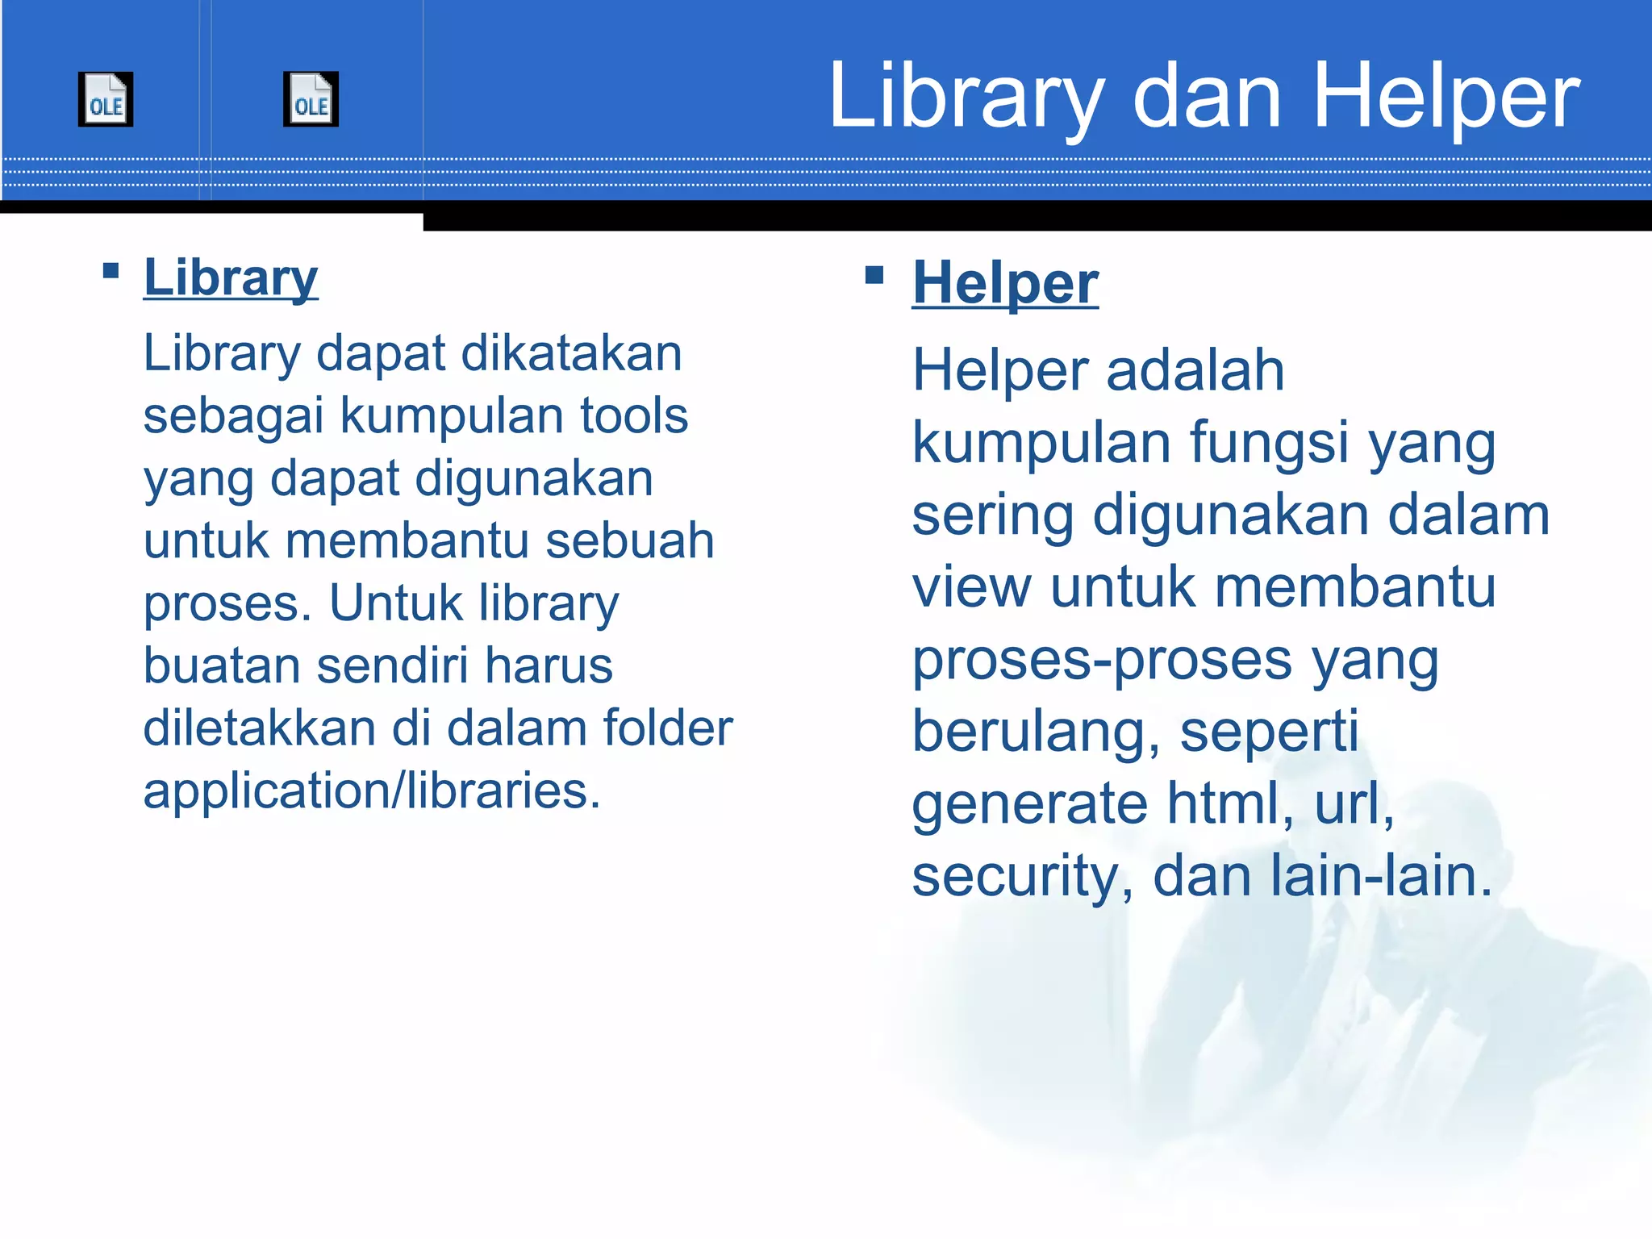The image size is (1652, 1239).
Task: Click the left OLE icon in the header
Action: point(106,99)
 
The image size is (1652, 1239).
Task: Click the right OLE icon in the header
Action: point(311,99)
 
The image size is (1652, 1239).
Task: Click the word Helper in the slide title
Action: point(1446,97)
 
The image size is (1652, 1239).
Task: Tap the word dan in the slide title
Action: point(1207,97)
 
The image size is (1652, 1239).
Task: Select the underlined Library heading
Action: point(231,278)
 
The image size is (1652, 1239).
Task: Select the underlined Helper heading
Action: point(1005,284)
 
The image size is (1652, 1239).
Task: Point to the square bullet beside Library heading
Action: point(111,270)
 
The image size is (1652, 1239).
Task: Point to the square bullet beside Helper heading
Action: point(874,275)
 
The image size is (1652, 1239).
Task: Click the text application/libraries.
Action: point(371,791)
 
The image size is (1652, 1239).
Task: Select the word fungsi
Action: point(1269,444)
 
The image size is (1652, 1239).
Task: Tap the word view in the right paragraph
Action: point(971,587)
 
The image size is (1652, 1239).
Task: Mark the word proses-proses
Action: point(1102,661)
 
